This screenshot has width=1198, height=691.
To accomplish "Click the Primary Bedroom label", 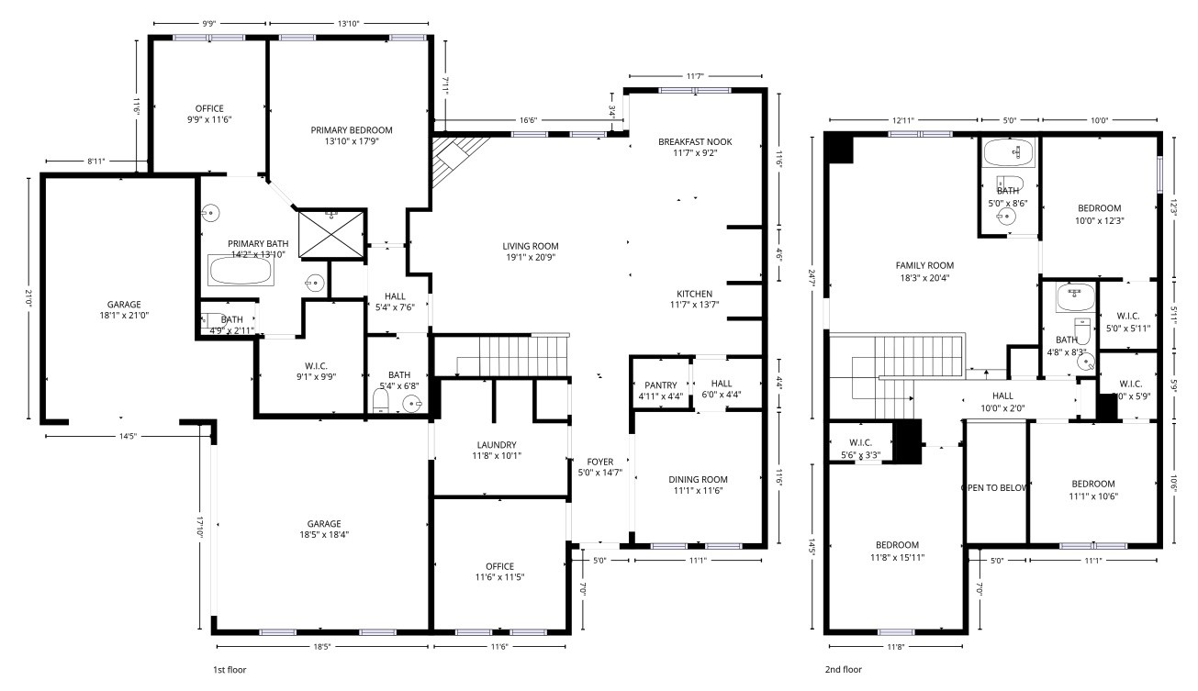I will (x=351, y=130).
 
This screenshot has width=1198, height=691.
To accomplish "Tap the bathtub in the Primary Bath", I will (x=241, y=271).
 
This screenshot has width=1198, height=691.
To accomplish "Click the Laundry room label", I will (x=497, y=445).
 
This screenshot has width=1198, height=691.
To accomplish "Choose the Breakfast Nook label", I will (x=695, y=141).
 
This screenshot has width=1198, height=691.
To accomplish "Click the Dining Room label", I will (x=698, y=479).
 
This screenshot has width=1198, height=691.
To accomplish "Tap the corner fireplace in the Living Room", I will (x=455, y=156).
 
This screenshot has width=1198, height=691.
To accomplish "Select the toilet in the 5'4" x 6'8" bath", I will (x=383, y=402).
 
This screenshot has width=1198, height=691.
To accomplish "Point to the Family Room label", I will (x=925, y=265).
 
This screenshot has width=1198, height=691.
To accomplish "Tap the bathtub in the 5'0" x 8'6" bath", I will (x=1008, y=152).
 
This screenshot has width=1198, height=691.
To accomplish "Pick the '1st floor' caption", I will (x=230, y=670).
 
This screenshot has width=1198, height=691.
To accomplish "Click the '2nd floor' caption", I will (x=843, y=670).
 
